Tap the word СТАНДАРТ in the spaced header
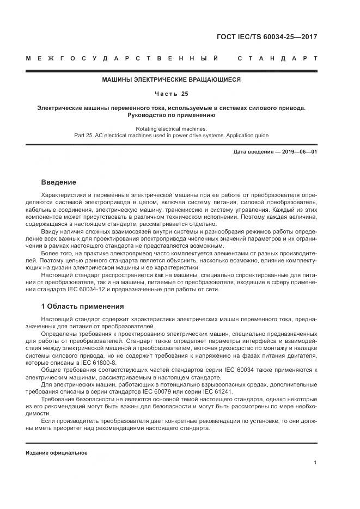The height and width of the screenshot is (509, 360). [x=277, y=58]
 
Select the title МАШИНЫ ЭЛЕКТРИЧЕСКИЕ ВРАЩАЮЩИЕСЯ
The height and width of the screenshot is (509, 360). [x=172, y=79]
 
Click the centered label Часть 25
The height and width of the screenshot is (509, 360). [x=172, y=94]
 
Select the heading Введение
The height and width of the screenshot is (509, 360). [x=59, y=182]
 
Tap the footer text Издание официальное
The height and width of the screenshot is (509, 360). [x=57, y=452]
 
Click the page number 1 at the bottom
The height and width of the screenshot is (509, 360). [x=315, y=463]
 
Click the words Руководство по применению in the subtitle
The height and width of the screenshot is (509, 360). [x=172, y=115]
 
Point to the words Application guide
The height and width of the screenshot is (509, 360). [x=245, y=136]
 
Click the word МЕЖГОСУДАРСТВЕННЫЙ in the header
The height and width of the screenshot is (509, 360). [x=123, y=58]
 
